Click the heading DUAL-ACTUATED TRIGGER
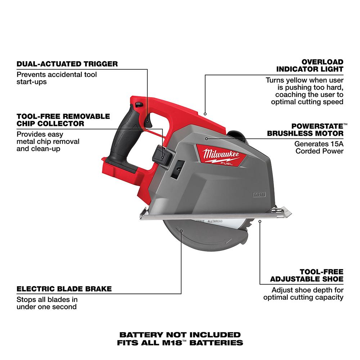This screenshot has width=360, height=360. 67,64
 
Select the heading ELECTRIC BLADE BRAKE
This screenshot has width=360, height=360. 64,289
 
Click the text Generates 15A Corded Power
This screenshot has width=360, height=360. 319,147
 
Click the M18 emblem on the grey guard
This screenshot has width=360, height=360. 255,195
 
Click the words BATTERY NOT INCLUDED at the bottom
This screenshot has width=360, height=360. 180,335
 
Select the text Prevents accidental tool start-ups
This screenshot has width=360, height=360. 57,78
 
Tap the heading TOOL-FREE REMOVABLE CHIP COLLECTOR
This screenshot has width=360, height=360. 63,120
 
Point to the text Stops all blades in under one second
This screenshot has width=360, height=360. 47,303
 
